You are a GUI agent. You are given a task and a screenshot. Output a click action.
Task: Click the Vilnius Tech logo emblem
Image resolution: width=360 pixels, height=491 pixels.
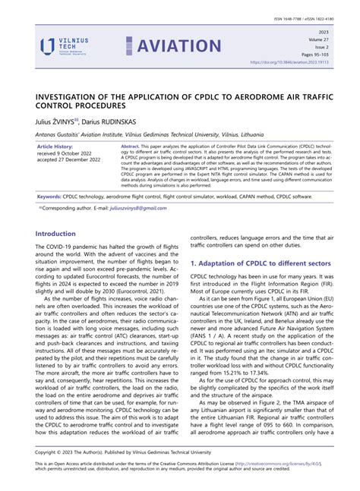47,47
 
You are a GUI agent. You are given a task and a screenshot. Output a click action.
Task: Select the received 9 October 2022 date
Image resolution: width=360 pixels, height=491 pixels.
69,153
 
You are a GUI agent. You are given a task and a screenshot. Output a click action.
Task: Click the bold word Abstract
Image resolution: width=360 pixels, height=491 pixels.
130,146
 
